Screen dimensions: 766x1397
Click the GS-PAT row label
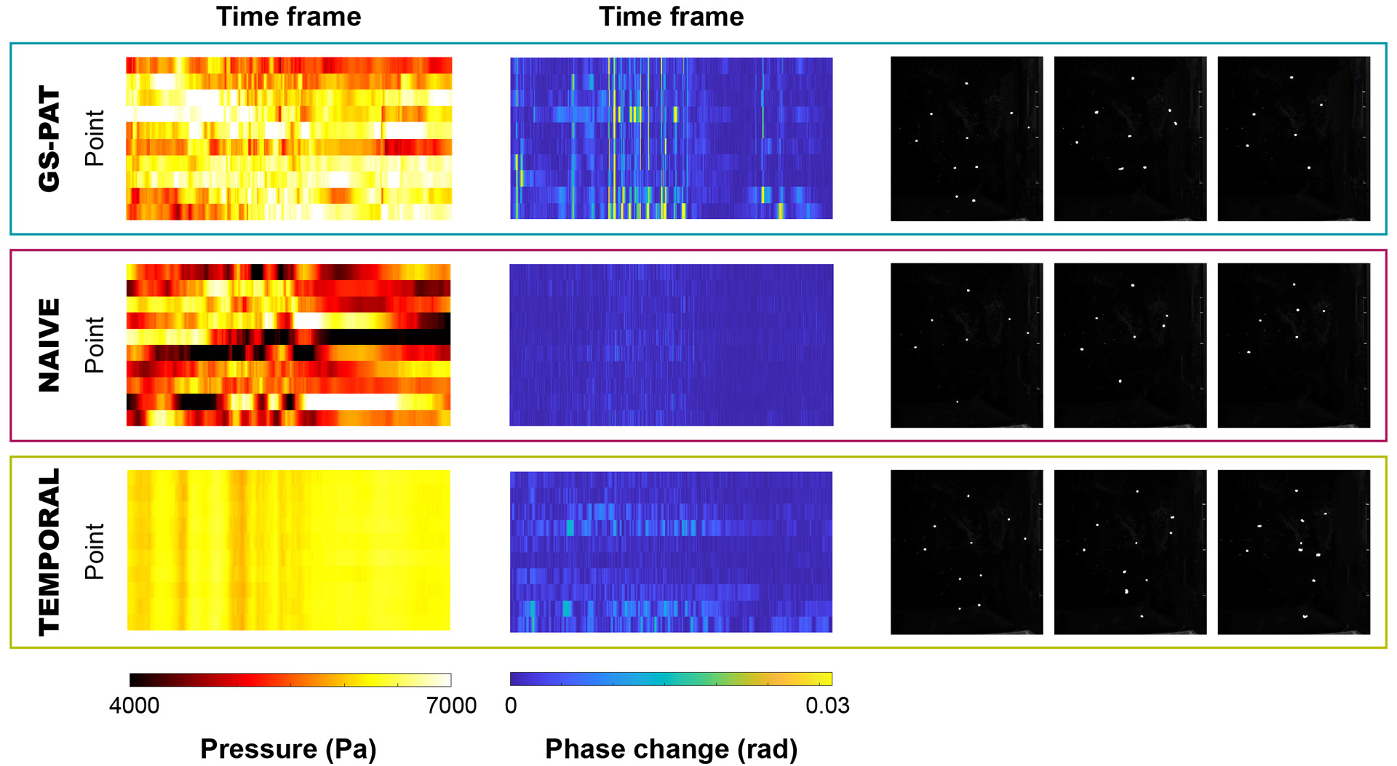pos(49,138)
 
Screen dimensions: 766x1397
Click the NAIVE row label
pos(49,345)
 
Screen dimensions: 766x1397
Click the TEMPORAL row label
pos(49,551)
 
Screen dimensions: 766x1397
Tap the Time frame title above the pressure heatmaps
pos(288,17)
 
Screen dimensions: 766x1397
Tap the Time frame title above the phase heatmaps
pos(671,17)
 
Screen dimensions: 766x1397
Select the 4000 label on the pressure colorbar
pos(135,706)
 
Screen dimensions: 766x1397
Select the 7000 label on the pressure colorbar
pos(452,706)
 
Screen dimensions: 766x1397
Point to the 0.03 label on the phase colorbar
pos(827,706)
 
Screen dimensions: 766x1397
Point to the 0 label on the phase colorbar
pos(511,706)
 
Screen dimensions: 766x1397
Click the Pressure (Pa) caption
pos(288,749)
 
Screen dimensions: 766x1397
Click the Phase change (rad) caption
pos(671,749)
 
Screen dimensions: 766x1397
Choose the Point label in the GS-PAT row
pos(95,138)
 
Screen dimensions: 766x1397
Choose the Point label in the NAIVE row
pos(95,345)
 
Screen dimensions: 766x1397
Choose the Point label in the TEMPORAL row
pos(95,551)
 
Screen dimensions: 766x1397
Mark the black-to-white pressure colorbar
pos(290,680)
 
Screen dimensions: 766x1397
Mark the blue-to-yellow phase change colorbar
pos(671,679)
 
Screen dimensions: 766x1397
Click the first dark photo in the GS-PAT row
pos(966,138)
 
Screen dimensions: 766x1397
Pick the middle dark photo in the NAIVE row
pos(1130,345)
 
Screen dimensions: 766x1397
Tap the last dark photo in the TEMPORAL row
pos(1294,551)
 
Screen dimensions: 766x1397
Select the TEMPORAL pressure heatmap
pos(289,550)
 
